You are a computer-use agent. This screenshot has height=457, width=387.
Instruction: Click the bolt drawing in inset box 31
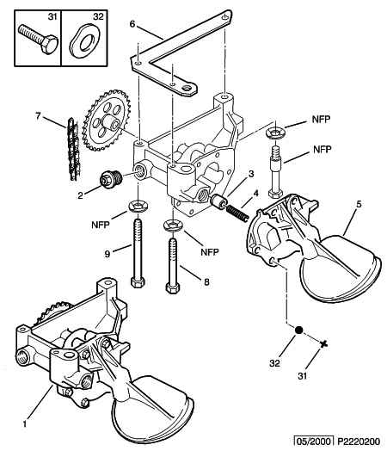[39, 39]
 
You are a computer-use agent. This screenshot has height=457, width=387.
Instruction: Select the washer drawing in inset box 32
[84, 40]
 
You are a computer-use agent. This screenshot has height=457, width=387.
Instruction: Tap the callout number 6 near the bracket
[132, 24]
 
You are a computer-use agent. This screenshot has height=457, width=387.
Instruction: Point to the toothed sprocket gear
[107, 120]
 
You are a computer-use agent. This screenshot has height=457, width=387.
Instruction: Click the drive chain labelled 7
[73, 149]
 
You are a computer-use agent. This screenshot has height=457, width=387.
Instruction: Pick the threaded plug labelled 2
[111, 179]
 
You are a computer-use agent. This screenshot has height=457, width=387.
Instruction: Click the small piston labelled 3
[218, 201]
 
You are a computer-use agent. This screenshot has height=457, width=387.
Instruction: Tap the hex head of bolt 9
[138, 282]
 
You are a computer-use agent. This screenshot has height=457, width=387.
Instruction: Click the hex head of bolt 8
[172, 287]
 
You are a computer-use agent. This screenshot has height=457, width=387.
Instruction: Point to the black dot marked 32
[298, 330]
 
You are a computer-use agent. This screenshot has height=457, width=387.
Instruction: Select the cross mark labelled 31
[323, 344]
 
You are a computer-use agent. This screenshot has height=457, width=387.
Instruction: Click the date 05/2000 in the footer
[313, 442]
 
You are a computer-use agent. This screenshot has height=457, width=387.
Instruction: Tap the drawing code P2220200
[359, 442]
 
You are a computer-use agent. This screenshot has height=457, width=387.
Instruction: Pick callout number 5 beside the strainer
[359, 204]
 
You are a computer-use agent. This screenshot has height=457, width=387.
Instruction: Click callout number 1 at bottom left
[25, 423]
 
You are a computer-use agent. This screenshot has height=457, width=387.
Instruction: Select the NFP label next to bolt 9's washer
[101, 225]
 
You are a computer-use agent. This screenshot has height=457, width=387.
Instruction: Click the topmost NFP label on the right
[321, 120]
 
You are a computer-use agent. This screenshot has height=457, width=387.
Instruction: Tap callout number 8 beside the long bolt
[206, 281]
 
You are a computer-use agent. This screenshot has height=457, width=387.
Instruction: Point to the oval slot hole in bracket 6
[187, 88]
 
